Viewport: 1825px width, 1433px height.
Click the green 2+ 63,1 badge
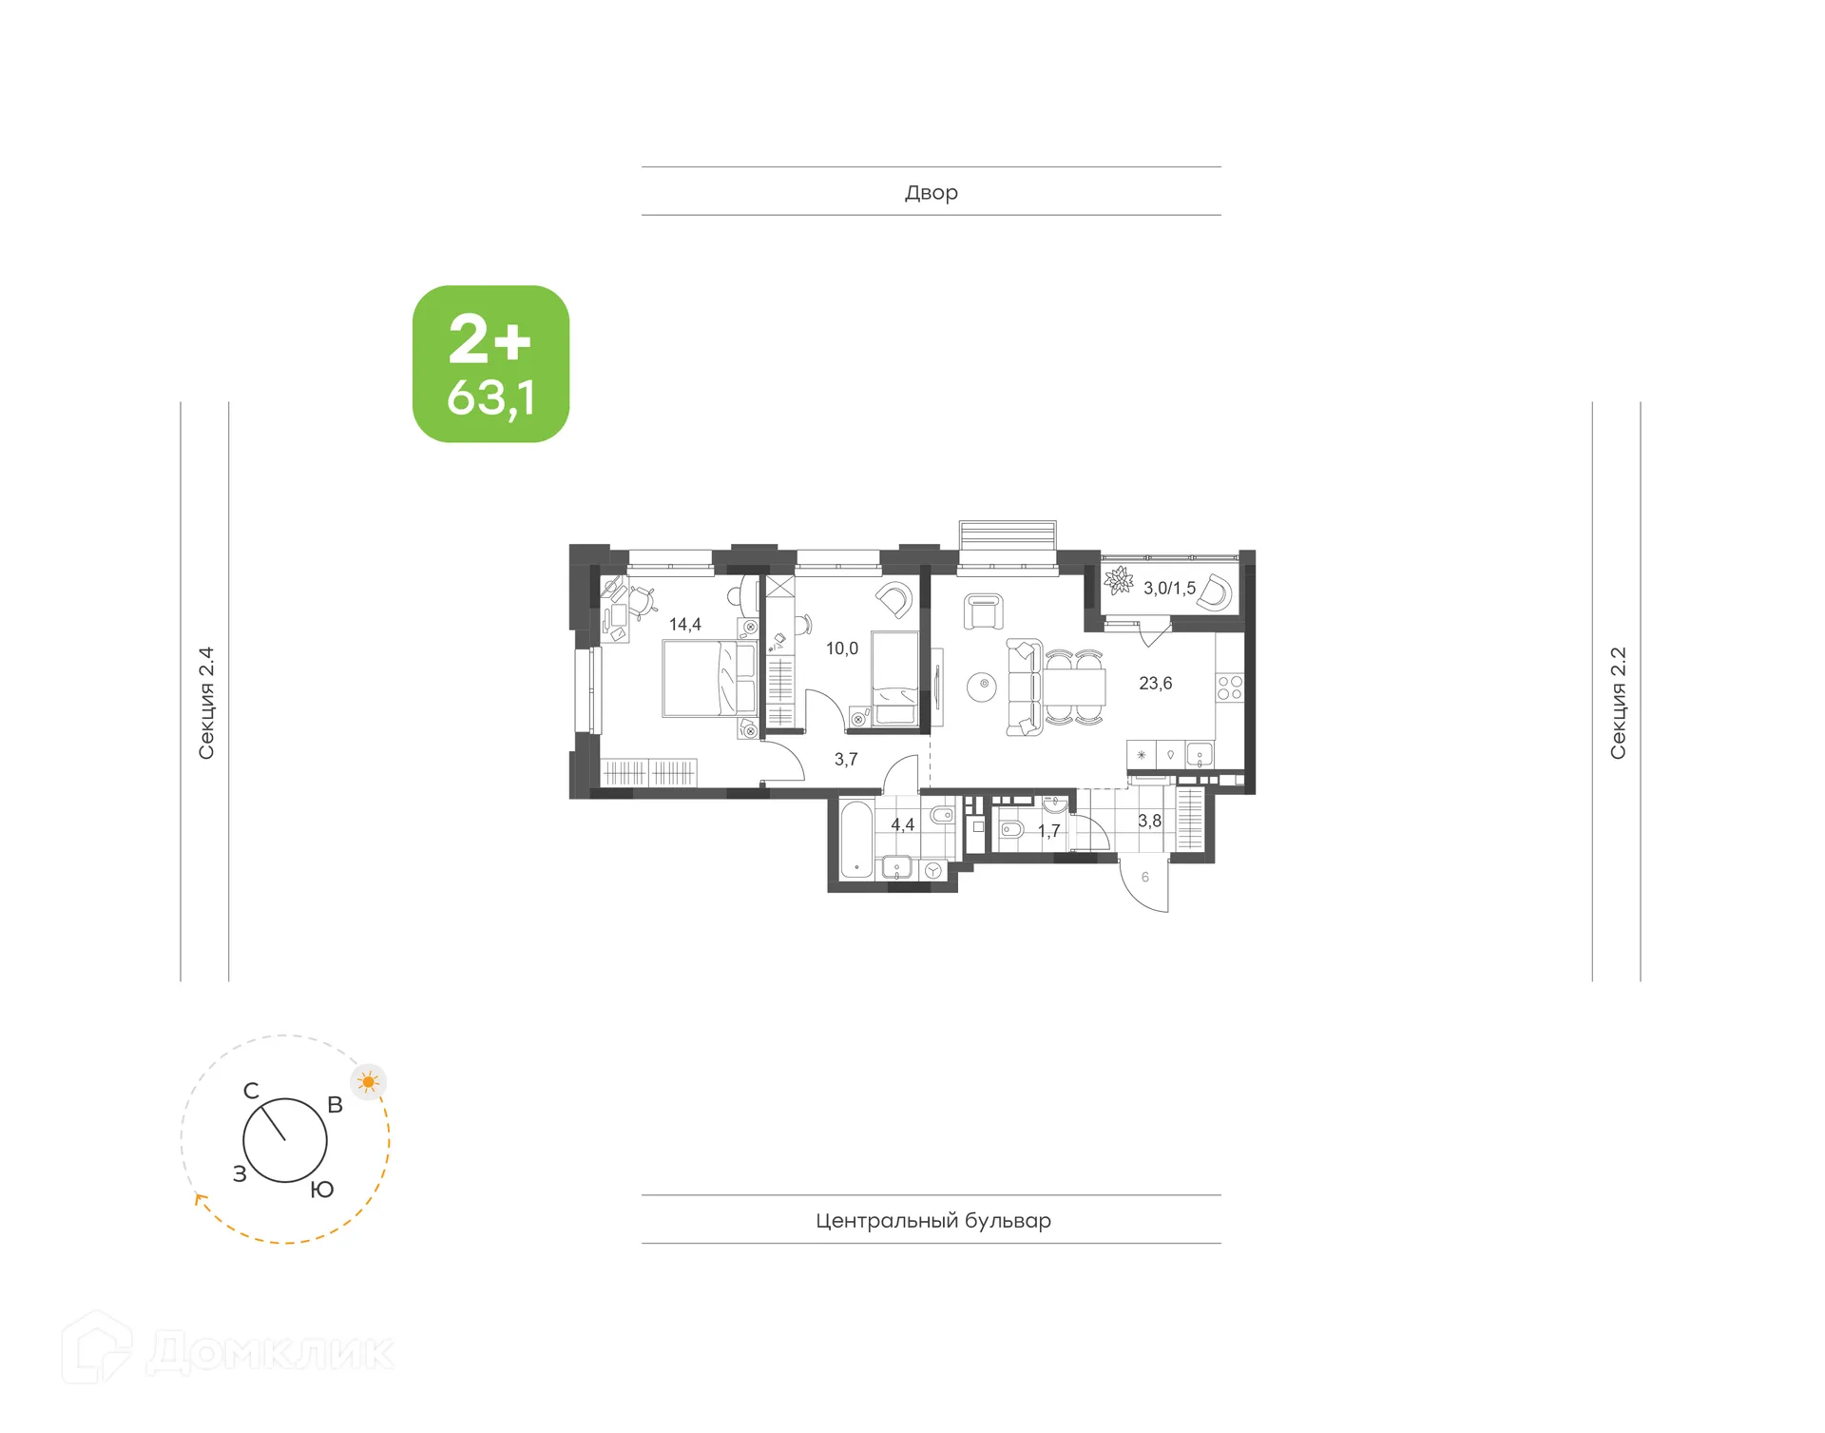pyautogui.click(x=490, y=364)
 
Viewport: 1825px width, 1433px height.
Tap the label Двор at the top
pyautogui.click(x=931, y=192)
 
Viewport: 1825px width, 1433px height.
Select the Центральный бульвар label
pyautogui.click(x=932, y=1220)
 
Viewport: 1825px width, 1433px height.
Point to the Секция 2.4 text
pyautogui.click(x=205, y=704)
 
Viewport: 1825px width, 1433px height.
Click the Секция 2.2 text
pyautogui.click(x=1618, y=704)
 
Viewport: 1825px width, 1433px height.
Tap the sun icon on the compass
pyautogui.click(x=369, y=1082)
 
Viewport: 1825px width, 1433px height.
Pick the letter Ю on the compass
pyautogui.click(x=322, y=1190)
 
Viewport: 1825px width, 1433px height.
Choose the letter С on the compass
pyautogui.click(x=251, y=1091)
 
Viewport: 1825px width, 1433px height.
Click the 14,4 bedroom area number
pyautogui.click(x=684, y=625)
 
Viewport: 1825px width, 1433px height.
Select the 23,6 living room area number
pyautogui.click(x=1155, y=684)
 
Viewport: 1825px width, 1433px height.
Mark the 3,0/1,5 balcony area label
pyautogui.click(x=1169, y=589)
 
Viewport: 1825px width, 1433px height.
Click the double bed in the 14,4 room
pyautogui.click(x=709, y=679)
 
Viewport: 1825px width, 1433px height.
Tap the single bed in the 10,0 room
pyautogui.click(x=894, y=679)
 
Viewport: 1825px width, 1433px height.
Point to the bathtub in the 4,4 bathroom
pyautogui.click(x=855, y=841)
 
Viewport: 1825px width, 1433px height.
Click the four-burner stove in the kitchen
pyautogui.click(x=1229, y=687)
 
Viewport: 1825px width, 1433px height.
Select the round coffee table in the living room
pyautogui.click(x=983, y=685)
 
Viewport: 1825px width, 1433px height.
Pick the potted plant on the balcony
pyautogui.click(x=1119, y=580)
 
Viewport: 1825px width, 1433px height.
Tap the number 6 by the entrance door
pyautogui.click(x=1144, y=878)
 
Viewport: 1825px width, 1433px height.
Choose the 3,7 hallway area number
pyautogui.click(x=846, y=760)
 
